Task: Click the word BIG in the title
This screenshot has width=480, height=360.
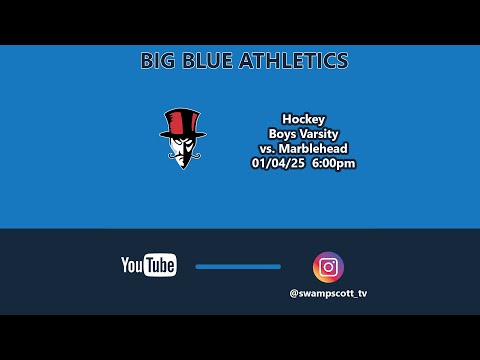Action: [161, 61]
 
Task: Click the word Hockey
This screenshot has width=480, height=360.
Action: [304, 117]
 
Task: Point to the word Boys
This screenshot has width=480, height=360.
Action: [283, 133]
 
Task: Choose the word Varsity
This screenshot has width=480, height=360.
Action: [322, 133]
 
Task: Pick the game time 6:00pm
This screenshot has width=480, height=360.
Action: [334, 163]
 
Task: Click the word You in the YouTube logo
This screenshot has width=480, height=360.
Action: [131, 265]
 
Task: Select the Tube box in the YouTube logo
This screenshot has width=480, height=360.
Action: [160, 266]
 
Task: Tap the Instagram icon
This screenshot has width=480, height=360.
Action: [328, 267]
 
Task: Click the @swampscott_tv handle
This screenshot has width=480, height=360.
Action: [328, 294]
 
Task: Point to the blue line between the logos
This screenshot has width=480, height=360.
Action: [238, 267]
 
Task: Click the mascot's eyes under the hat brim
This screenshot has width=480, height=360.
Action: [182, 143]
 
